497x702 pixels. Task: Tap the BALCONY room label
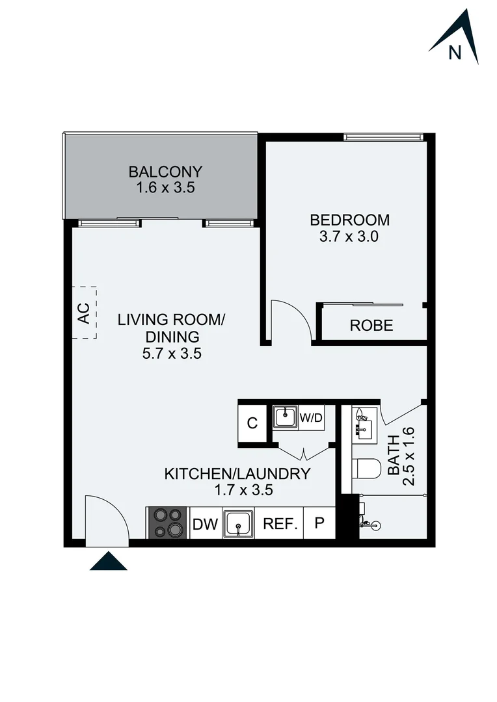tap(165, 172)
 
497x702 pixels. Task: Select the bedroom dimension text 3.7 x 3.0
tap(349, 237)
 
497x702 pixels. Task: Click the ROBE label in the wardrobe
tap(371, 326)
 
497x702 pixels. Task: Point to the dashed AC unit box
tap(85, 313)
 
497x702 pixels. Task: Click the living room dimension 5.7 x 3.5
tap(171, 354)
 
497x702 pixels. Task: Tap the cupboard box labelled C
tap(252, 423)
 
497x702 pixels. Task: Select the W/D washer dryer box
tap(310, 418)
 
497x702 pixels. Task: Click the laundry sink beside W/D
tap(285, 417)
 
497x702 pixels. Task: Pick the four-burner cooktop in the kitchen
tap(167, 522)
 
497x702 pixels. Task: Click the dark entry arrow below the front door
tap(108, 561)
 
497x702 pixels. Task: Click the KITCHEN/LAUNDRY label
tap(237, 474)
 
